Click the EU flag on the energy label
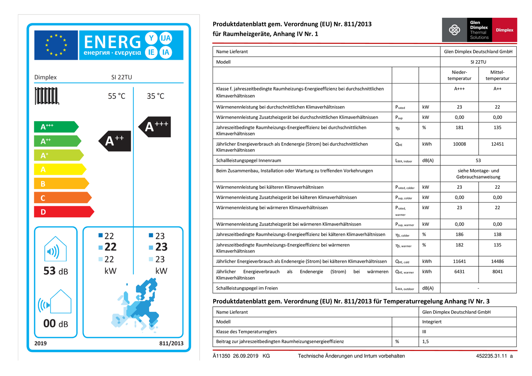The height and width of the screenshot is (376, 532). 56,45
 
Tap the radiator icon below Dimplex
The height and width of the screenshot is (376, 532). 47,96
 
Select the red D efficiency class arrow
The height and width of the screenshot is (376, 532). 64,212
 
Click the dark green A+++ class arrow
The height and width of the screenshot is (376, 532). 56,127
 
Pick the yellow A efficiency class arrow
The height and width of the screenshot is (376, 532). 60,170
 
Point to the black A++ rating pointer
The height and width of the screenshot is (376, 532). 115,141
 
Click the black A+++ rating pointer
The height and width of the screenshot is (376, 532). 155,127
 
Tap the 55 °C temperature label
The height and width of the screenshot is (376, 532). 116,96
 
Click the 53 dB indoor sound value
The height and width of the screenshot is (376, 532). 56,271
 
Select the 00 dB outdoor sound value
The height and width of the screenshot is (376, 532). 56,323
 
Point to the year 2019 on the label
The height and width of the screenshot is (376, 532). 40,343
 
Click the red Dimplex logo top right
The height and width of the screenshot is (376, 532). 504,30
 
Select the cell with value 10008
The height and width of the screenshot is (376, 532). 459,144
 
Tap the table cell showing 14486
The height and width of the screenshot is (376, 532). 497,261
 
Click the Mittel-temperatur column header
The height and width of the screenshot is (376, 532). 497,75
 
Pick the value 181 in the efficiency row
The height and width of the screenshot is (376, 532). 459,128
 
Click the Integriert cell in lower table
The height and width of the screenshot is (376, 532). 432,322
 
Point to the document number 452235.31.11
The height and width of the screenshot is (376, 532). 491,356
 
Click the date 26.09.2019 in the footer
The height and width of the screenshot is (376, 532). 245,356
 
